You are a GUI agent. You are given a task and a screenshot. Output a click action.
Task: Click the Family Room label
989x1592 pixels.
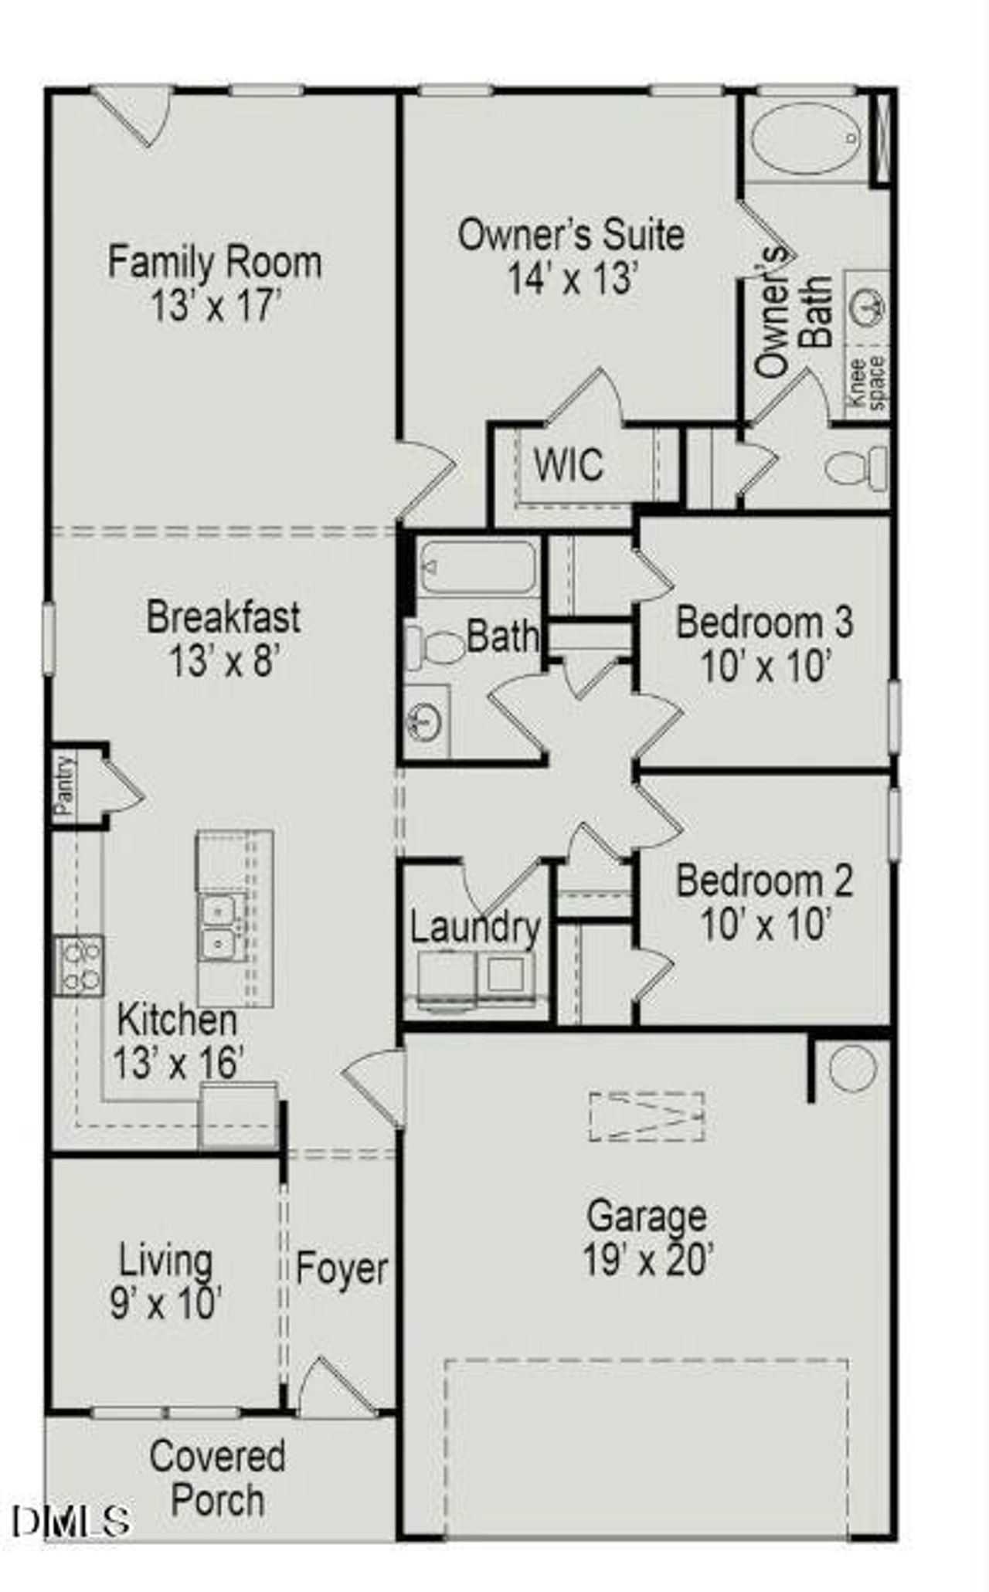[x=214, y=263]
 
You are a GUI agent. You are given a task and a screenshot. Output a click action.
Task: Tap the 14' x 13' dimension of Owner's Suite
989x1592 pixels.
[x=571, y=278]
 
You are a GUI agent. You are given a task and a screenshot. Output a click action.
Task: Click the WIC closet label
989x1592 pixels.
[x=568, y=465]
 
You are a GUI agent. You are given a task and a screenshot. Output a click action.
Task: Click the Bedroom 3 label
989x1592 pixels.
[x=764, y=622]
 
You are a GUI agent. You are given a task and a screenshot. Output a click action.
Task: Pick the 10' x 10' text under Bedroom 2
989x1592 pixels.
[x=764, y=925]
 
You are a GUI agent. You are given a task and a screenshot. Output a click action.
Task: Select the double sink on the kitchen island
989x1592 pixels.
[x=220, y=927]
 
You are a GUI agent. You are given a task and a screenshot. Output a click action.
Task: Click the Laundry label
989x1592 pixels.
[x=474, y=928]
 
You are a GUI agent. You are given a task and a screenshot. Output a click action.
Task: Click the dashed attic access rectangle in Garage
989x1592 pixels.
[x=647, y=1116]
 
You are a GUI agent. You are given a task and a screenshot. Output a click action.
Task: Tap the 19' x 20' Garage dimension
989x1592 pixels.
[x=647, y=1261]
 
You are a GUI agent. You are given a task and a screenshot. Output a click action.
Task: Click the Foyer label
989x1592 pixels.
[x=342, y=1268]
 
